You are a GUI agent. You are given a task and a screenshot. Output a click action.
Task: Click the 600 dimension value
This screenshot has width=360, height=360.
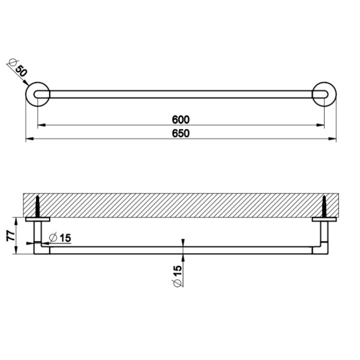coord(181,119)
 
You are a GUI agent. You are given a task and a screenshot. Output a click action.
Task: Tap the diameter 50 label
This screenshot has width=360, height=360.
coord(18,69)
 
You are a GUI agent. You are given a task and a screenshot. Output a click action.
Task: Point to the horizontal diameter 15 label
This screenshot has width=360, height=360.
coord(61,238)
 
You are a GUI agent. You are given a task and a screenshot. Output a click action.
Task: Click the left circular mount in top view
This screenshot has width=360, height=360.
coord(38,94)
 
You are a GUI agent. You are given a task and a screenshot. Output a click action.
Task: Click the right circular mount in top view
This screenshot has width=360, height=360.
coord(324,94)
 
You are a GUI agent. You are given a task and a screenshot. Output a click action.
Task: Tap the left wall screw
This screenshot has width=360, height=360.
coord(37,205)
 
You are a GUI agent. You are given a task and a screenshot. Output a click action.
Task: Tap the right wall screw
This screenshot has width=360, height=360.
coord(324,205)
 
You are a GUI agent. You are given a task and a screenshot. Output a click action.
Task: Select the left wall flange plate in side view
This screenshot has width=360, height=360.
coord(37,219)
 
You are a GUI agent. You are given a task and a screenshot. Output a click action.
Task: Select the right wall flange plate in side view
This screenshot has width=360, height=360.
coord(324,219)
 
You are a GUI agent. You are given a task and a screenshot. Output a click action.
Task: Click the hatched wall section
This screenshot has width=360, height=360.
coord(180,205)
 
